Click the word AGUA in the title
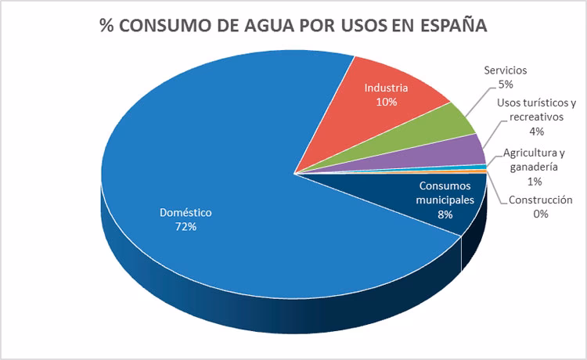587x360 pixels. (256, 26)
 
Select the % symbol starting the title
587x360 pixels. (106, 26)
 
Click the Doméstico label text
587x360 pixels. (185, 212)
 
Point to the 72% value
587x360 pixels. (185, 227)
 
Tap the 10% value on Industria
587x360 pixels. (387, 103)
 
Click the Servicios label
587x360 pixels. (504, 70)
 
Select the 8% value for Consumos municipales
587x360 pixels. (445, 214)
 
